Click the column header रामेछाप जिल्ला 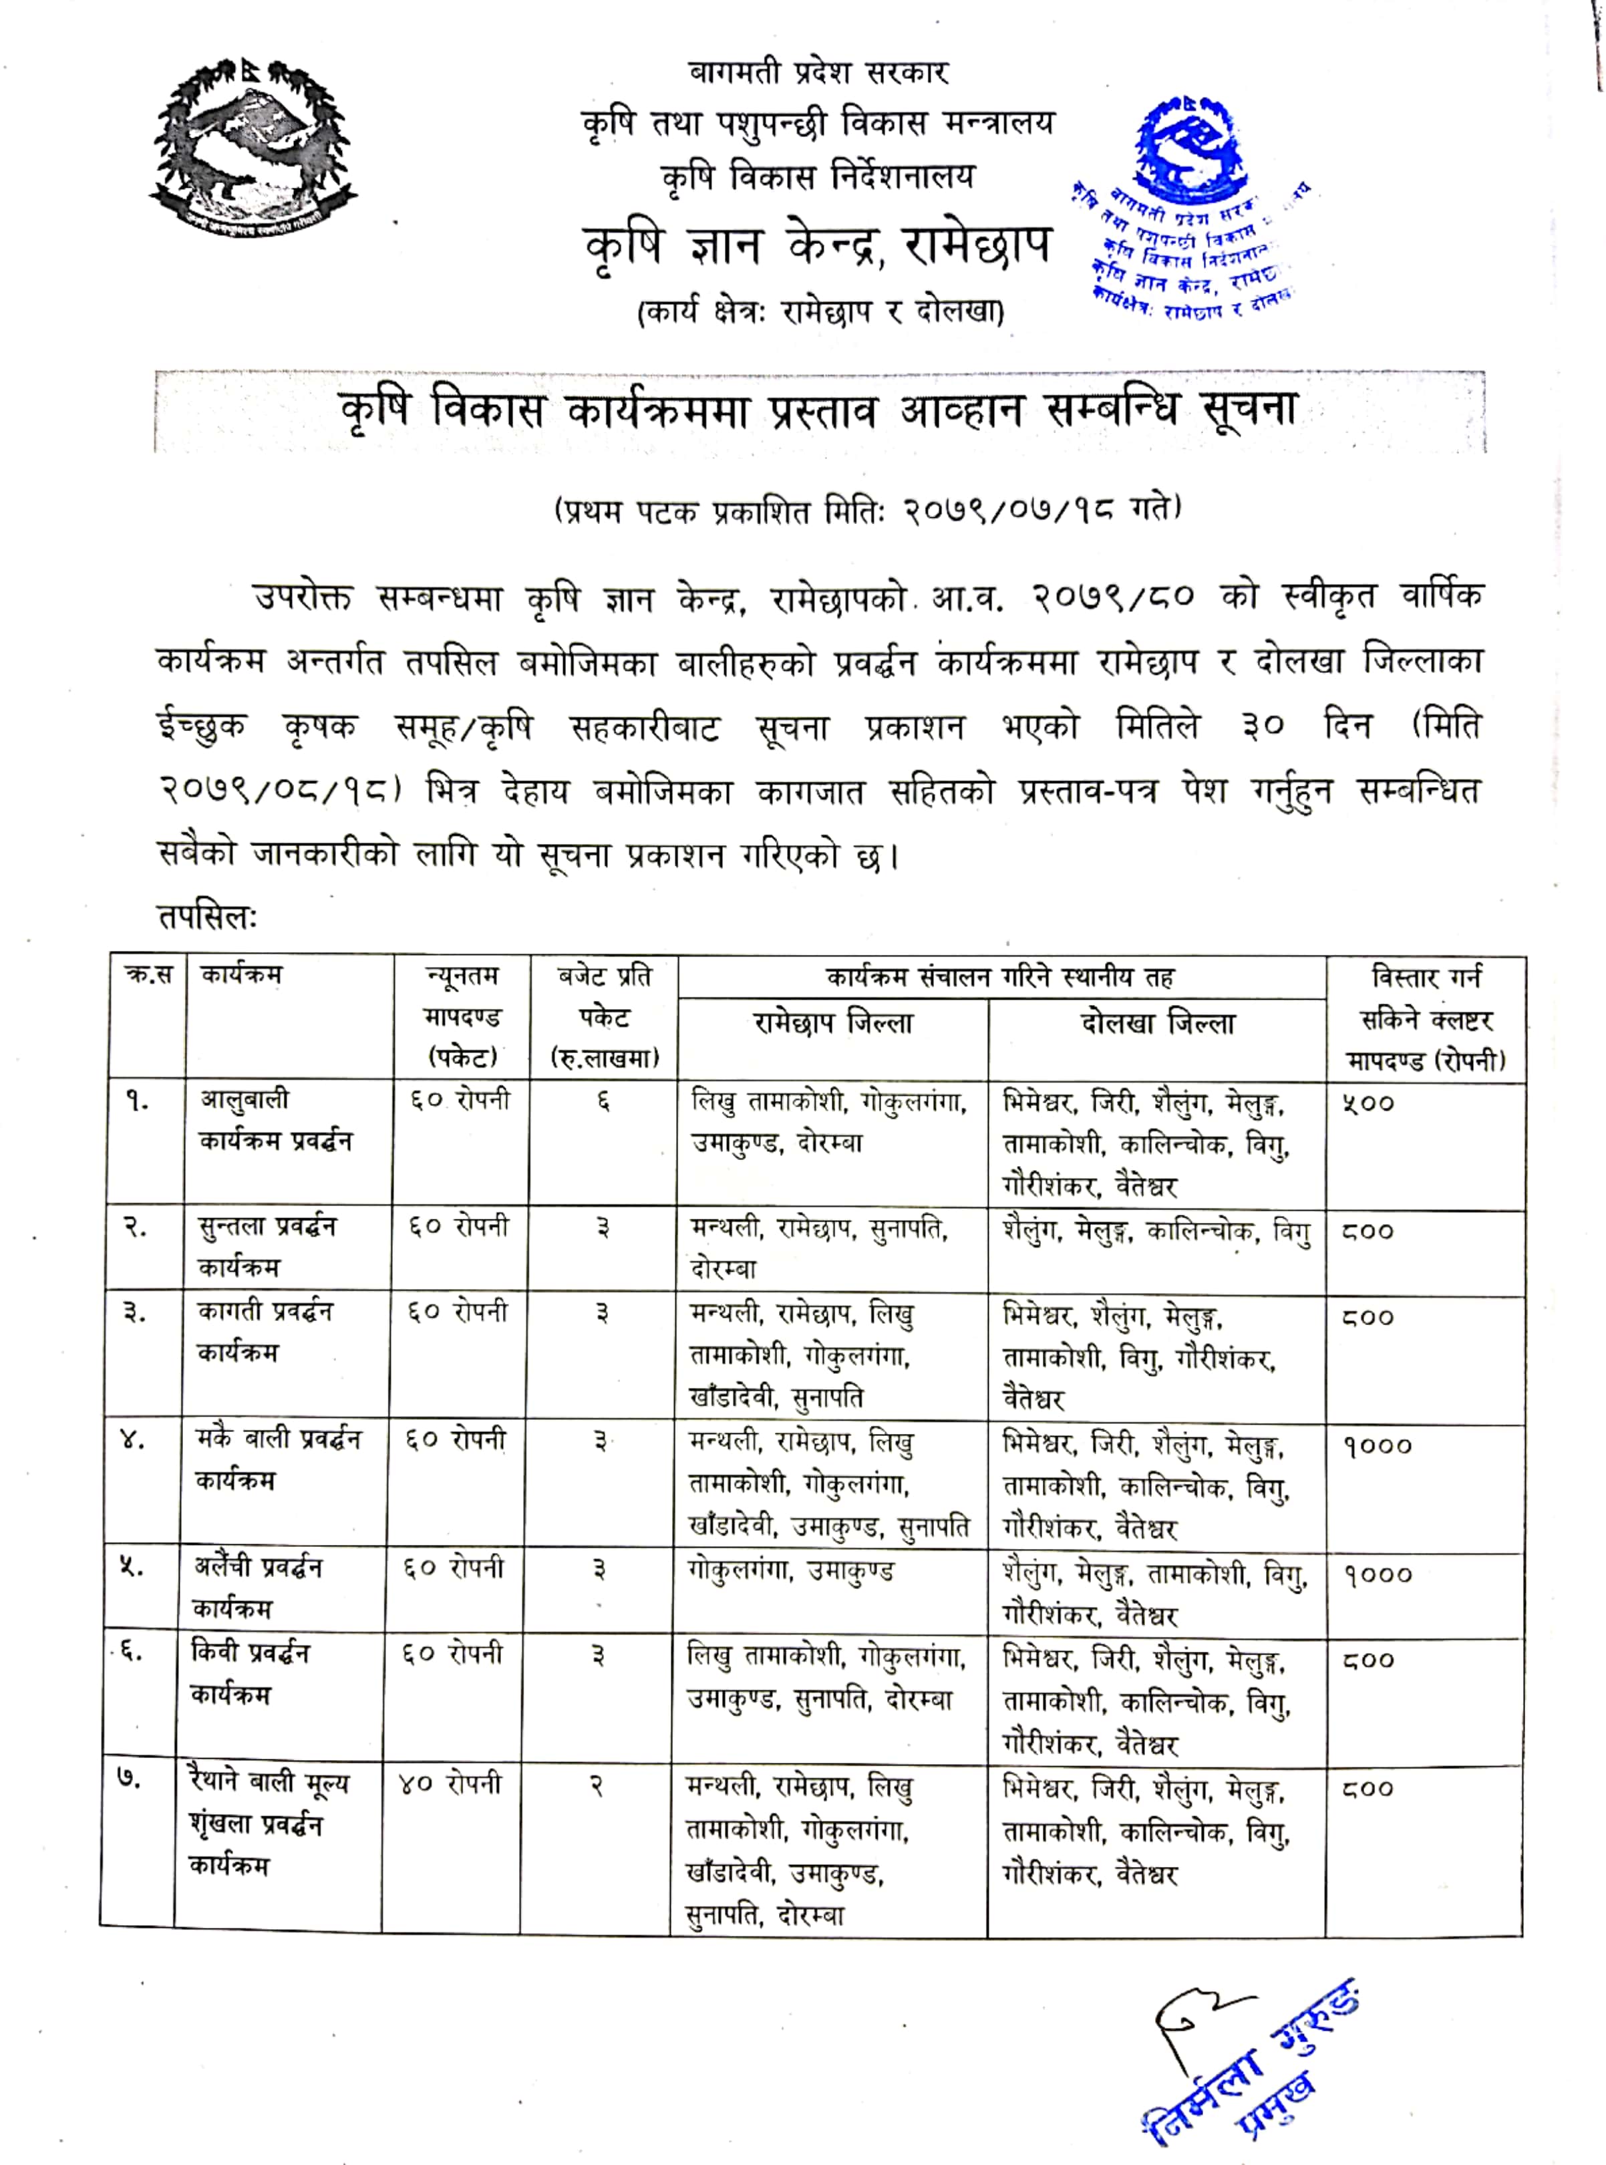(832, 1024)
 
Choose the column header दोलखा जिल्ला (1157, 1024)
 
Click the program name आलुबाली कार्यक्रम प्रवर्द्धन (275, 1120)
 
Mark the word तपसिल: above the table (206, 917)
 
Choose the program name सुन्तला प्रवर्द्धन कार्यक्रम (265, 1246)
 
